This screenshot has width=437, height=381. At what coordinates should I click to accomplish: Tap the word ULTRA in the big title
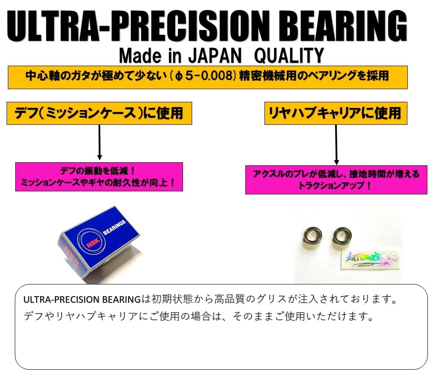53,26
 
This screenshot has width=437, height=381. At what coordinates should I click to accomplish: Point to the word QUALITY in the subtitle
289,56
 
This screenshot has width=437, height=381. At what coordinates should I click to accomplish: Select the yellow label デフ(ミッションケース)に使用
99,113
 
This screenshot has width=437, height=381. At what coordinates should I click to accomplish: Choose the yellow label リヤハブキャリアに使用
335,113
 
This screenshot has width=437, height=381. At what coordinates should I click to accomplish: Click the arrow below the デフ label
99,142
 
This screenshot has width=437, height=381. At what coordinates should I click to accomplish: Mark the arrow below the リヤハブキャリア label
336,144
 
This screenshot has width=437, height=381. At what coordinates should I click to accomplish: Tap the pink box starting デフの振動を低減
99,177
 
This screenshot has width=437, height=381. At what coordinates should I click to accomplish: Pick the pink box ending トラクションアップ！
336,180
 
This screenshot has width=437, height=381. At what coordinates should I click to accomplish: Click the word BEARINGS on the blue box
115,227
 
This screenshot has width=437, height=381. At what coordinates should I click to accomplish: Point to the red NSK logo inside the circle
93,243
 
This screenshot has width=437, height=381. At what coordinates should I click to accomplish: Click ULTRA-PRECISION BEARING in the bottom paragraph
82,300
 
